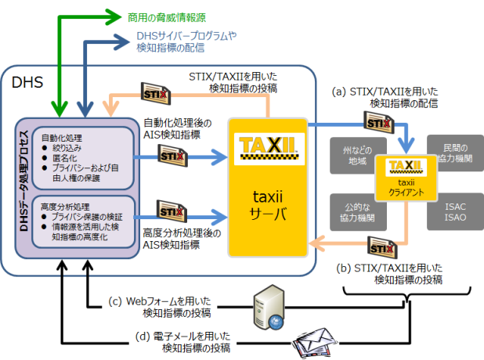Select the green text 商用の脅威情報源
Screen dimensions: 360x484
click(167, 16)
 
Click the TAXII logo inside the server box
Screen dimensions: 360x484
click(265, 146)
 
